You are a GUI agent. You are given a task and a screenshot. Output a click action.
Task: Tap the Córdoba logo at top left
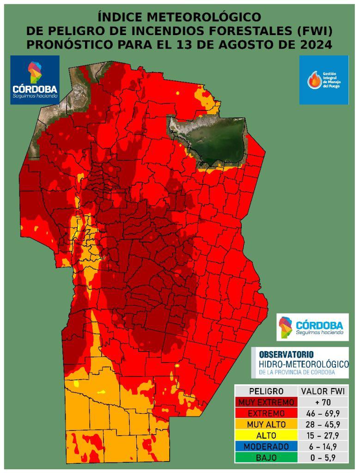pyautogui.click(x=35, y=79)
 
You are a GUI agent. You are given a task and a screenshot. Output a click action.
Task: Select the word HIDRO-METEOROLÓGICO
pyautogui.click(x=304, y=364)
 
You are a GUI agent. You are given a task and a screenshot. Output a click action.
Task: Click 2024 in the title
pyautogui.click(x=316, y=45)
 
